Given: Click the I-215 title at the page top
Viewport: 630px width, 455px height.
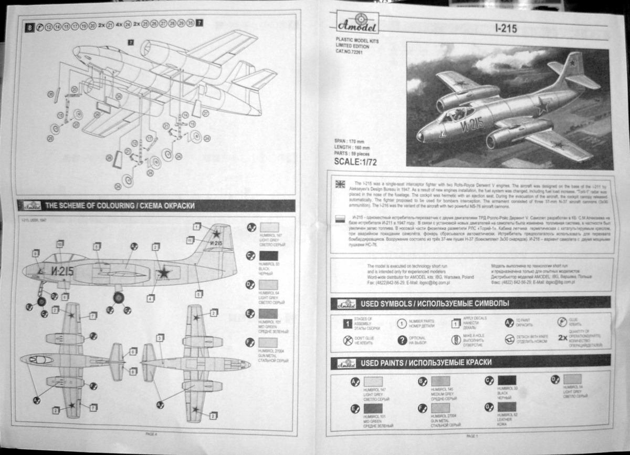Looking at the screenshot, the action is (x=506, y=28).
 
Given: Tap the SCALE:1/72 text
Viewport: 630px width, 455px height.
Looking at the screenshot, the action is (x=355, y=162).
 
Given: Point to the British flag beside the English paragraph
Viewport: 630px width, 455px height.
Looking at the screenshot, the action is (x=340, y=184).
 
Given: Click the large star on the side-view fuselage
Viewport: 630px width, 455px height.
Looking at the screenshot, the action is (x=164, y=272).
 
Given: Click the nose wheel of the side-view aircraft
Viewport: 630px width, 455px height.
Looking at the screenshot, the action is (x=41, y=301).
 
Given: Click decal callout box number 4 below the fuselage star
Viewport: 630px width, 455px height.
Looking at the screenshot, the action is (x=151, y=298).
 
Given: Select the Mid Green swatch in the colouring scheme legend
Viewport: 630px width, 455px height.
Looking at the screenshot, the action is (x=269, y=314).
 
